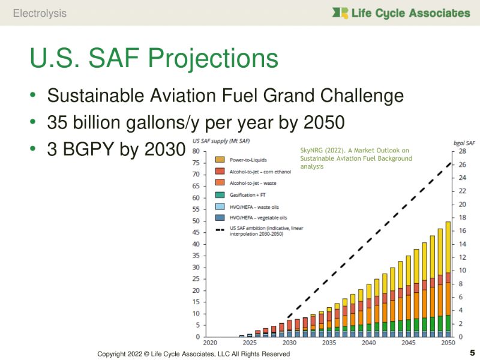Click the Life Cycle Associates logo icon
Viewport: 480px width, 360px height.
[341, 13]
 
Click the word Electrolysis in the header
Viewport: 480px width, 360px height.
[40, 13]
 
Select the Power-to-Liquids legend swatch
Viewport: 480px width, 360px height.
[219, 160]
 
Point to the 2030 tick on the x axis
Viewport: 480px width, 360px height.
[290, 342]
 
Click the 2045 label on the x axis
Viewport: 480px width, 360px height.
[409, 342]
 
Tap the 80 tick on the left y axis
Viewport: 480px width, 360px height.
[196, 151]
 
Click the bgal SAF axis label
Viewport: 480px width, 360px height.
[460, 143]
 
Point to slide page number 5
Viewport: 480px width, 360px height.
[472, 352]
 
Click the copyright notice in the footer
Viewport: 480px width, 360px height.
[193, 354]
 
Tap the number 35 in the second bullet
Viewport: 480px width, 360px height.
[58, 123]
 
